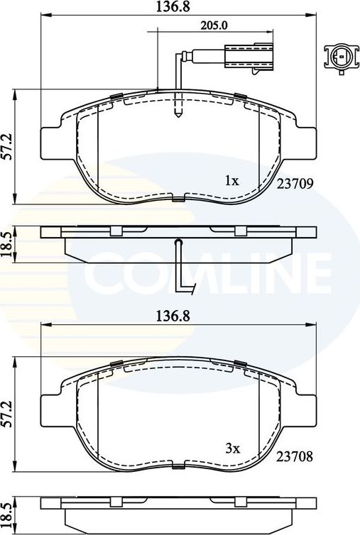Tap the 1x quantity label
231,181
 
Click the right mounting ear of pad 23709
306,143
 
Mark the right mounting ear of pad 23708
306,411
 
